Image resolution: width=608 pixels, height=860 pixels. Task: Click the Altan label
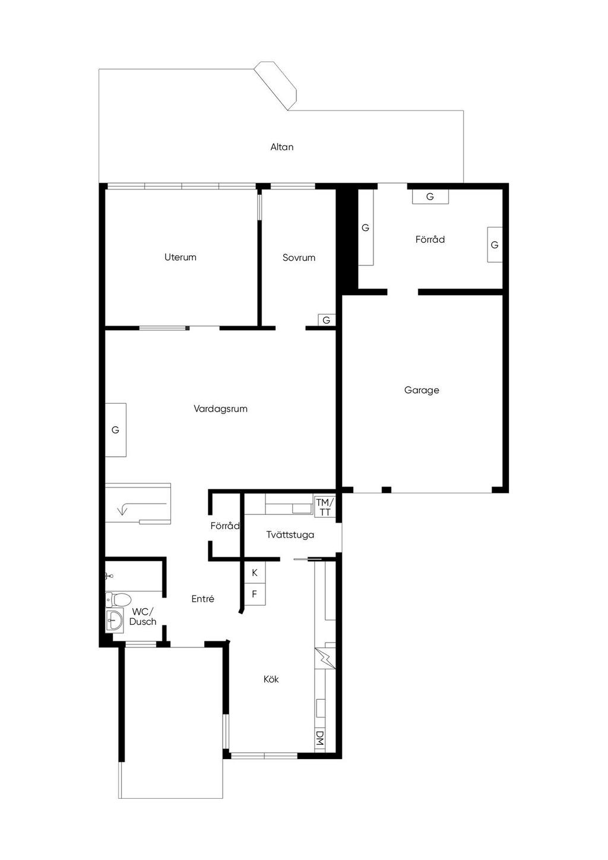click(282, 147)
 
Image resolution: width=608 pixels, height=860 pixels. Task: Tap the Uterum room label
click(180, 257)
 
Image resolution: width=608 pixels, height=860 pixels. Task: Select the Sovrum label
click(299, 258)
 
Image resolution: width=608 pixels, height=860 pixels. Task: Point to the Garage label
click(422, 390)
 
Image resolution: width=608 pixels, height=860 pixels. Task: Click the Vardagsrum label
click(220, 409)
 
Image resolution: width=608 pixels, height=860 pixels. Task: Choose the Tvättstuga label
click(290, 535)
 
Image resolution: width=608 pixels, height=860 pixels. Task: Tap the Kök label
click(271, 679)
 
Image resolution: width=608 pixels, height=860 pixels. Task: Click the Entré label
click(202, 599)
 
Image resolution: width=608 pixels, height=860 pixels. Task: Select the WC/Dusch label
click(142, 616)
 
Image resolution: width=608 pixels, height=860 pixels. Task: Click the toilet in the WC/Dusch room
click(118, 599)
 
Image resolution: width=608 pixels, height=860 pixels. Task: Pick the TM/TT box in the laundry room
click(325, 507)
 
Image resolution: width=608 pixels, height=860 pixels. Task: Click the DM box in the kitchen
click(319, 738)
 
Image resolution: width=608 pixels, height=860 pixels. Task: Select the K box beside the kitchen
click(255, 573)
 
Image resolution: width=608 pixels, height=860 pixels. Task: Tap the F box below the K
click(255, 594)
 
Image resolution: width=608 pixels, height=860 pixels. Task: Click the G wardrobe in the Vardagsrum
click(116, 430)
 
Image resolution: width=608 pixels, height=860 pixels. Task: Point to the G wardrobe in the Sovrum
click(326, 320)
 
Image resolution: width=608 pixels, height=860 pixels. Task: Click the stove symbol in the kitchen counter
click(325, 658)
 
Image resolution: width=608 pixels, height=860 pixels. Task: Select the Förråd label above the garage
click(430, 239)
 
